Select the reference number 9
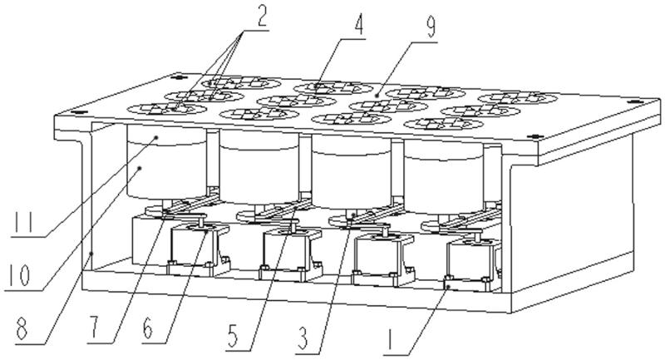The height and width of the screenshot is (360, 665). [x=431, y=27]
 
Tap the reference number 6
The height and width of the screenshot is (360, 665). [x=148, y=328]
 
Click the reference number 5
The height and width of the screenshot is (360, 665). [x=233, y=335]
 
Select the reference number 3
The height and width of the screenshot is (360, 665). [x=302, y=338]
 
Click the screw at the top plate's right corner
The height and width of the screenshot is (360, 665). [x=634, y=101]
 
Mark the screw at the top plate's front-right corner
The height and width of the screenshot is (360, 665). [x=535, y=136]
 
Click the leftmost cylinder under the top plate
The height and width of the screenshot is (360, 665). [x=166, y=162]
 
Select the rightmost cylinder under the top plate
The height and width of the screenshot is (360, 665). [x=444, y=177]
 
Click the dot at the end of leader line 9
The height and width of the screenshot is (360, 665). [x=377, y=97]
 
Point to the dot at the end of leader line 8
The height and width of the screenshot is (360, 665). [x=91, y=254]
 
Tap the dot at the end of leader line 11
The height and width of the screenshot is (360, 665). [x=156, y=137]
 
